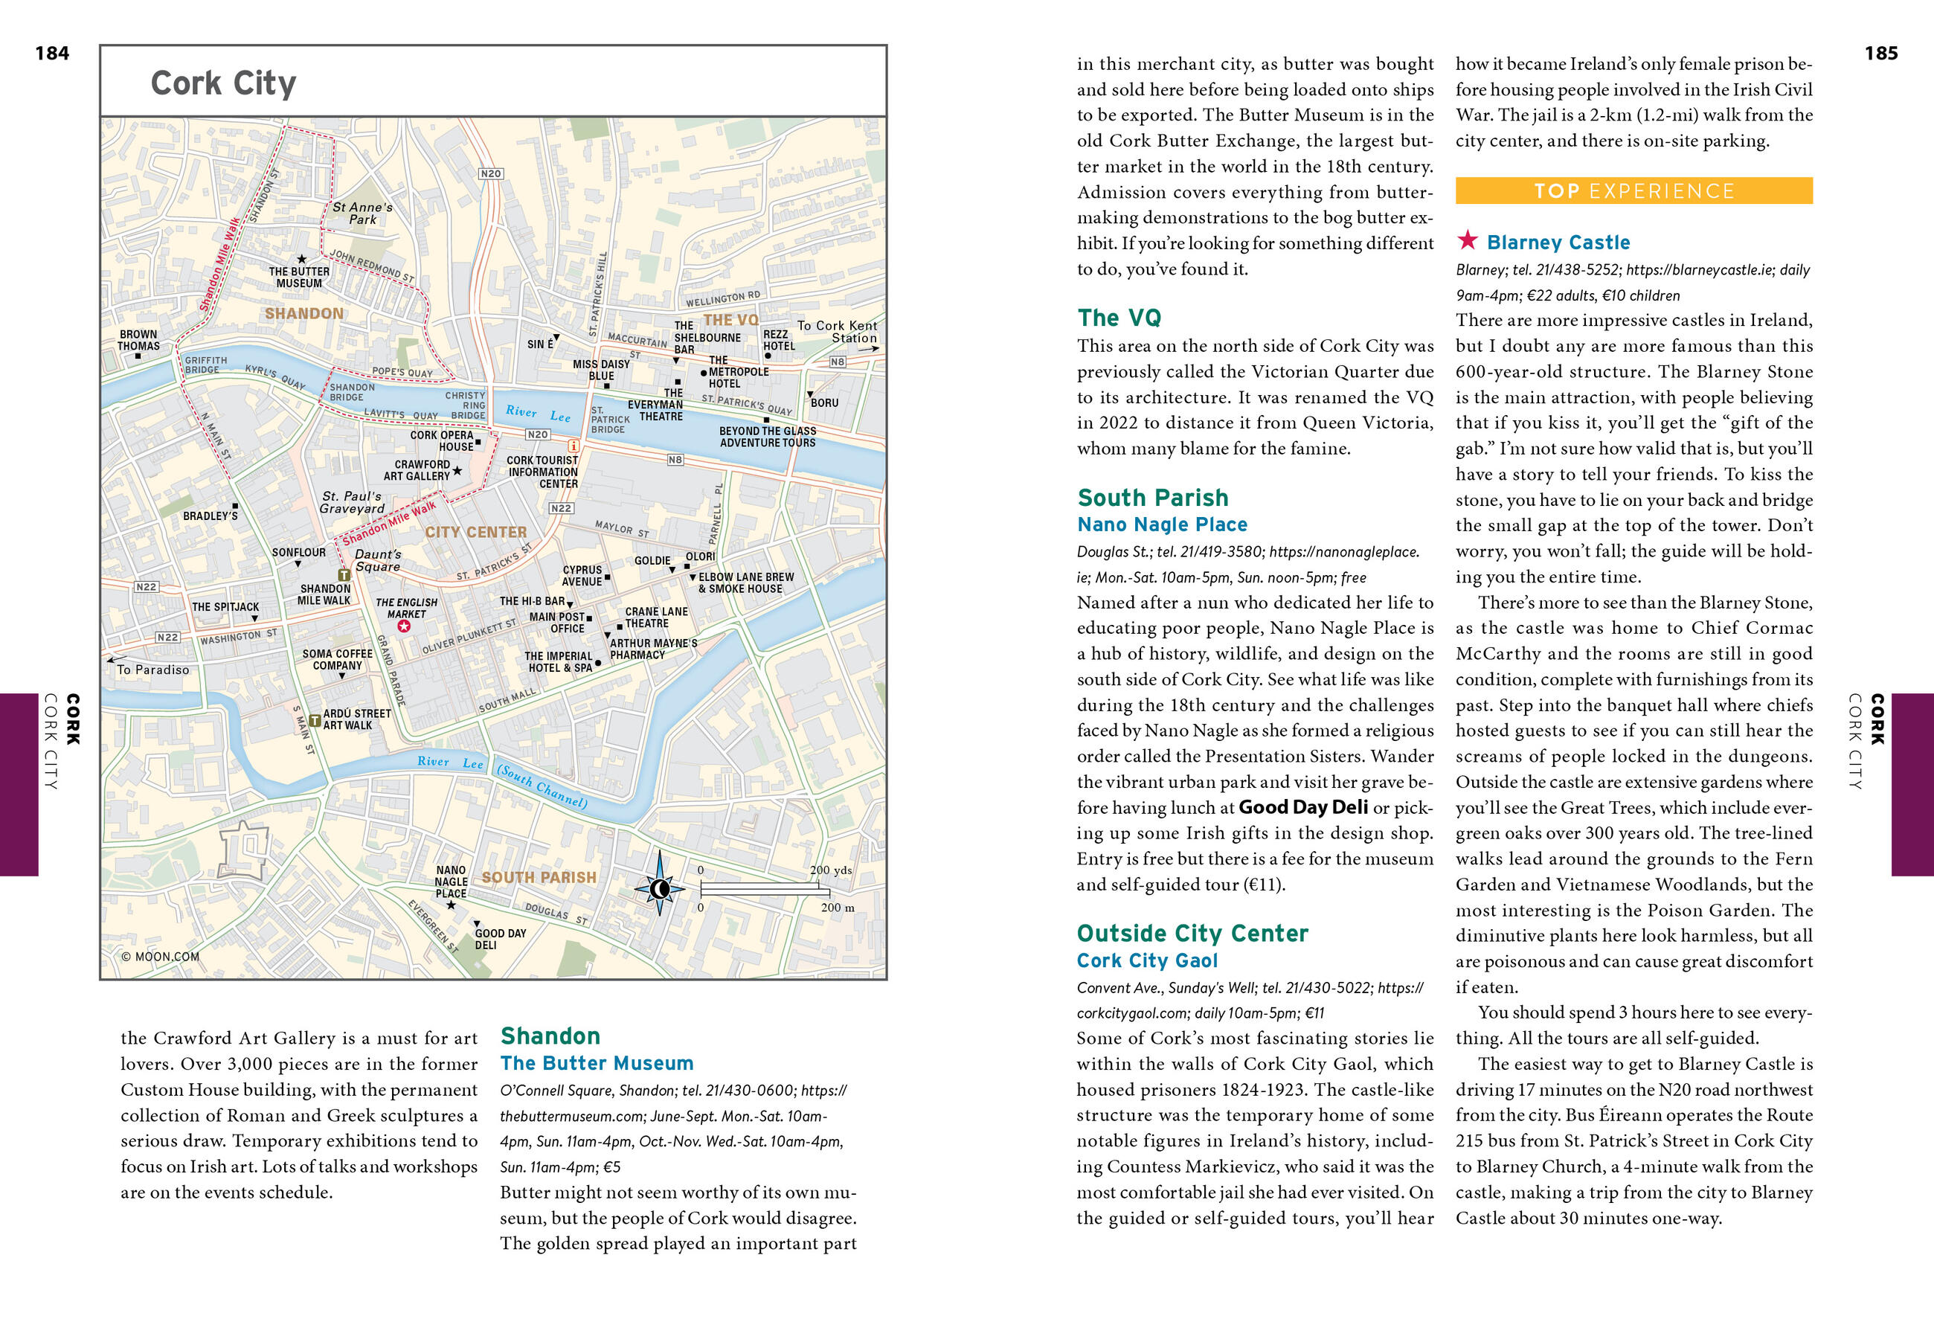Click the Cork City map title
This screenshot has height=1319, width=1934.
pos(223,83)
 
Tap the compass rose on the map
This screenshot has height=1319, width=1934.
pos(660,889)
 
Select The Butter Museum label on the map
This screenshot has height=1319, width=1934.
pos(299,277)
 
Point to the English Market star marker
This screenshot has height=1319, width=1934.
pos(404,626)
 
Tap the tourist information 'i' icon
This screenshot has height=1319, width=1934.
pos(574,447)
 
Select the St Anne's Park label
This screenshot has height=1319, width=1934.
pos(362,213)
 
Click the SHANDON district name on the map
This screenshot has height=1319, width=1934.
pos(303,314)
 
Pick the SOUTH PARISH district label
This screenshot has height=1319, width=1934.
pos(539,877)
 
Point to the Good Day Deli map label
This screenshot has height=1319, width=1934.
pos(499,939)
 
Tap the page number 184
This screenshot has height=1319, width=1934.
pos(51,54)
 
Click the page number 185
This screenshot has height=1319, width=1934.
pos(1880,54)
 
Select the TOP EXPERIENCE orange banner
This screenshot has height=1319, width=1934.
pos(1633,190)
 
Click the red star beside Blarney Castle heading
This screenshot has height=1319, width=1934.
pos(1467,240)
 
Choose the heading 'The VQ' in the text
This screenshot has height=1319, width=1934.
pos(1119,318)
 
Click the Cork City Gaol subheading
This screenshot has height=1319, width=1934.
pos(1147,960)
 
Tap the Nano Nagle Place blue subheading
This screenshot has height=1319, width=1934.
pos(1162,524)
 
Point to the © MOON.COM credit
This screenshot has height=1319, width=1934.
pos(161,956)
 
